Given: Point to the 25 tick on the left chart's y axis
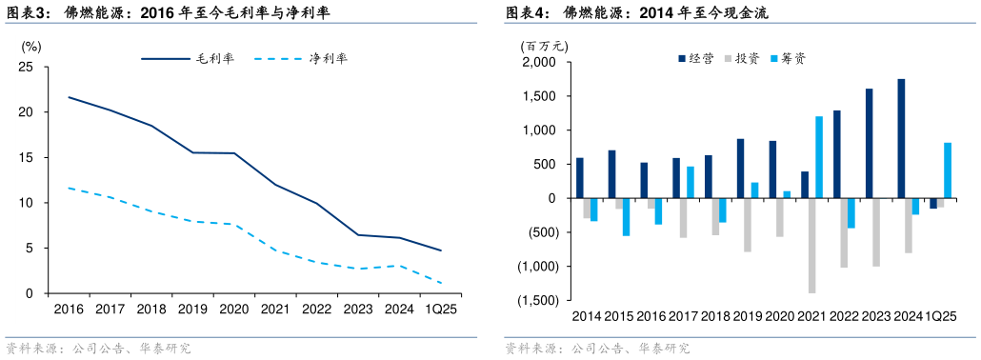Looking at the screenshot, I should (x=26, y=67).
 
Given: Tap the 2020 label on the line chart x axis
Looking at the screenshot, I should (x=233, y=309).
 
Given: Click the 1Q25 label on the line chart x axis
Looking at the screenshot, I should (x=440, y=309).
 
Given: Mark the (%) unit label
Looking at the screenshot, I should (x=30, y=45).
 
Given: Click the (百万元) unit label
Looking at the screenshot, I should (x=544, y=44).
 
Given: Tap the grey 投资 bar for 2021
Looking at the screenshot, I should (x=811, y=245).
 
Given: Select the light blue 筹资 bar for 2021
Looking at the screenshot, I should (x=819, y=157).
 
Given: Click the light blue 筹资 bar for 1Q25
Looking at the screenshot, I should (x=948, y=170).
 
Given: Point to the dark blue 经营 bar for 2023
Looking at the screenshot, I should (x=869, y=143).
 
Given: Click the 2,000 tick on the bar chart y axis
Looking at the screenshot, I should (x=539, y=63).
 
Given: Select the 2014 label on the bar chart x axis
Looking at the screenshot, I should (x=587, y=316).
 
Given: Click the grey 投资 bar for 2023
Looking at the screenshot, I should (x=876, y=231).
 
